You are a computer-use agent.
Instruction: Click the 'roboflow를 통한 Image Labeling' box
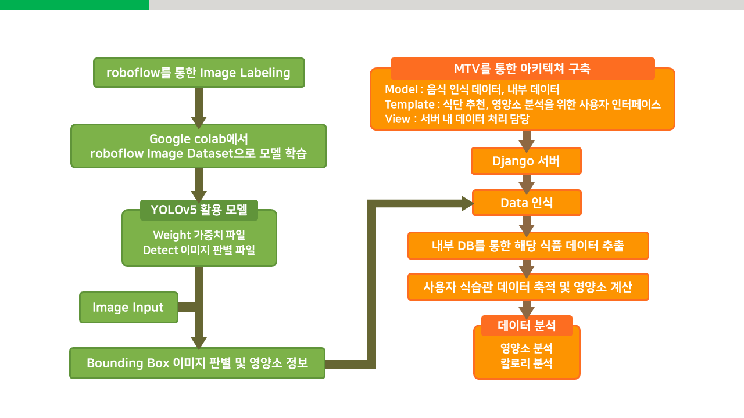click(x=199, y=73)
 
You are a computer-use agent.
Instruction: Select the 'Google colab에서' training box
click(x=199, y=146)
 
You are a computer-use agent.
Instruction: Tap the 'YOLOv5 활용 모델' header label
click(x=199, y=210)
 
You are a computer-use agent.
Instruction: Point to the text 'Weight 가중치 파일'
click(x=199, y=235)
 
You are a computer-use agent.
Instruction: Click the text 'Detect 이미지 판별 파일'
click(x=199, y=250)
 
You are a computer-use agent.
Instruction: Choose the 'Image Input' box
click(x=128, y=307)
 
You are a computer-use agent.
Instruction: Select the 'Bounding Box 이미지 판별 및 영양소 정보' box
click(x=197, y=363)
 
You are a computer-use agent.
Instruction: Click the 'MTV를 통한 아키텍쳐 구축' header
click(x=522, y=69)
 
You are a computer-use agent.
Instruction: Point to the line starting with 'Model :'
click(x=472, y=89)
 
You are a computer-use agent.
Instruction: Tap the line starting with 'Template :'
click(x=523, y=105)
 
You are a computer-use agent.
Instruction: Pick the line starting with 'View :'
click(x=457, y=119)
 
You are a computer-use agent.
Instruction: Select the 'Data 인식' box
click(x=526, y=203)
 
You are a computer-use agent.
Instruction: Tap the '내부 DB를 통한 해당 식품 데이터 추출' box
click(x=528, y=246)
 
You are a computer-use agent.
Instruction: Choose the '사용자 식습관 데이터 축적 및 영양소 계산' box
click(x=528, y=287)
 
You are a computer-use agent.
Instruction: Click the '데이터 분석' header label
click(x=527, y=326)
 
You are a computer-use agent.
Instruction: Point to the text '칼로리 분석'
click(x=527, y=364)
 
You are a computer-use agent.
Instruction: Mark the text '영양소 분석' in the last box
click(x=527, y=349)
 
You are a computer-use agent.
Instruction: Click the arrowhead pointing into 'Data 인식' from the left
click(x=467, y=203)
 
